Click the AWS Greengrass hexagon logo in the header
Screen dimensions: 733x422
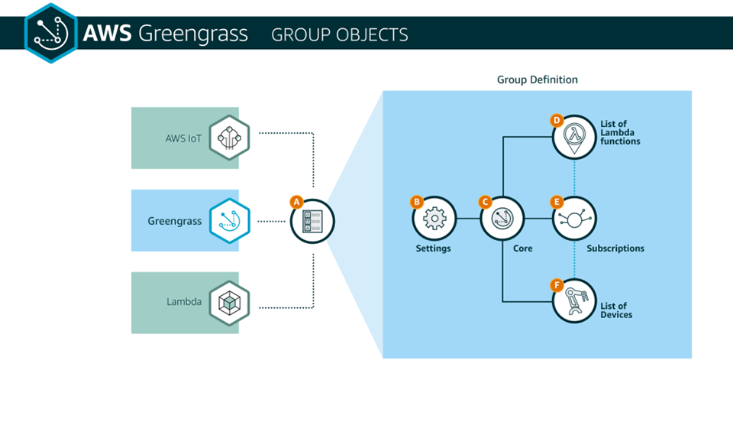[50, 33]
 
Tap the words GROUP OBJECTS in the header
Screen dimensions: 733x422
[339, 34]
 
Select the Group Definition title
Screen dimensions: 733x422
[537, 80]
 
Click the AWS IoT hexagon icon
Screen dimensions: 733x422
[229, 138]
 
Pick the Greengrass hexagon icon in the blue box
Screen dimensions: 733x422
[229, 220]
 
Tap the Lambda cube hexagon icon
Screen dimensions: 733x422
[229, 303]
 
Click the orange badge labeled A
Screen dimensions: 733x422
[296, 202]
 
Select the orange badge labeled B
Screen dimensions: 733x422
[417, 202]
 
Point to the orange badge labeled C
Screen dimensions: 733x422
[486, 202]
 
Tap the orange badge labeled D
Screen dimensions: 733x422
[557, 120]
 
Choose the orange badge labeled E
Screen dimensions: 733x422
[557, 202]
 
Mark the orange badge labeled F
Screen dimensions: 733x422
[557, 285]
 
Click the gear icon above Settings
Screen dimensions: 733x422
[434, 219]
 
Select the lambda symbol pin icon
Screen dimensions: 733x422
[574, 138]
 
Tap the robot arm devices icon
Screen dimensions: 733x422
[574, 300]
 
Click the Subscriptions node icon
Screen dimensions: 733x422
[574, 219]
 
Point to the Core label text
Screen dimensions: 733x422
[522, 248]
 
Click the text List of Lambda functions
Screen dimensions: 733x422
[620, 132]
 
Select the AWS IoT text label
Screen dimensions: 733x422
[183, 138]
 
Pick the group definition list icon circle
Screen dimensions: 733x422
[312, 221]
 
